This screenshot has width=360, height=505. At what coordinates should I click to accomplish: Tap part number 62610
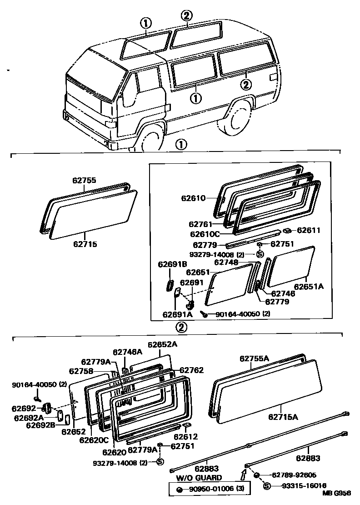(193, 198)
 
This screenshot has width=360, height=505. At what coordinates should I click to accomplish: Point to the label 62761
(200, 224)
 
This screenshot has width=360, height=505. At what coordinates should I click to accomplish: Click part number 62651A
(309, 287)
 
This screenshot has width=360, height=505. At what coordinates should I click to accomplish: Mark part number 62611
(309, 231)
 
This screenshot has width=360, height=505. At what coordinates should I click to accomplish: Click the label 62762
(191, 370)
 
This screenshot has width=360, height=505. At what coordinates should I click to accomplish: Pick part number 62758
(81, 371)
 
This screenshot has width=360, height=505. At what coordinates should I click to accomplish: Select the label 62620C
(94, 440)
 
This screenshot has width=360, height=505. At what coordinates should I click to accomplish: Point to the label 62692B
(41, 425)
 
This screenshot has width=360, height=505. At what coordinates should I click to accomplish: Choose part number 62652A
(162, 344)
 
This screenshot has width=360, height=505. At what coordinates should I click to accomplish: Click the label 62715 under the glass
(85, 244)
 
